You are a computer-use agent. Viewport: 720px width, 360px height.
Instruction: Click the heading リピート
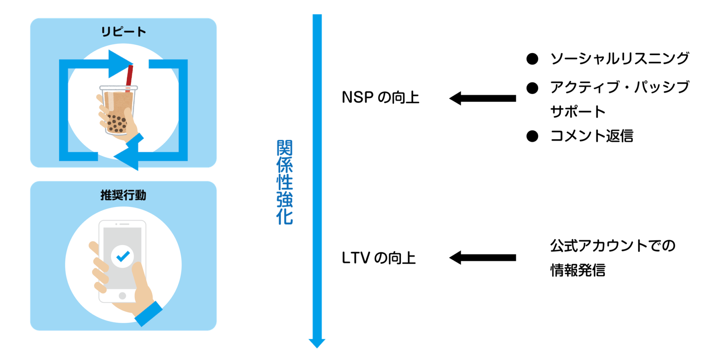123,32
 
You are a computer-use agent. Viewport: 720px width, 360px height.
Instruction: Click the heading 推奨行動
123,195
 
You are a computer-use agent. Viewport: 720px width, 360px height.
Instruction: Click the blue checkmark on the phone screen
123,256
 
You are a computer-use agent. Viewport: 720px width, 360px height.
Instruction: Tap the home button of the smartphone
122,296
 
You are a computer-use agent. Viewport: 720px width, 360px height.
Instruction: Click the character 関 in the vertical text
284,148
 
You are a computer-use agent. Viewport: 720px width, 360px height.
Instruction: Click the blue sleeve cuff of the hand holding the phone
148,314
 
